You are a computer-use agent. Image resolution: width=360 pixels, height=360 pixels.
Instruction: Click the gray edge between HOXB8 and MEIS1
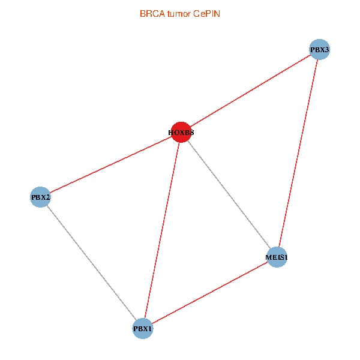pos(229,194)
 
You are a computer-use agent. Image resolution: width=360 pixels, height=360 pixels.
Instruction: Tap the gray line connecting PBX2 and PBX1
pos(91,262)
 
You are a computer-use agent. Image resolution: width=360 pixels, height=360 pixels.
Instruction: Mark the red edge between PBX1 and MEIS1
pos(210,293)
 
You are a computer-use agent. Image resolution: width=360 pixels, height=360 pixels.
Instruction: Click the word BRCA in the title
pos(151,13)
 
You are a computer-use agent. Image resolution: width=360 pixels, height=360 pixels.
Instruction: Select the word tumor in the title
pos(178,13)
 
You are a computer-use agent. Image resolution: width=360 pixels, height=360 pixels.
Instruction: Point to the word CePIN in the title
pos(206,13)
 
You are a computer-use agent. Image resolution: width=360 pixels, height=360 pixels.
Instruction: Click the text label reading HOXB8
pos(181,132)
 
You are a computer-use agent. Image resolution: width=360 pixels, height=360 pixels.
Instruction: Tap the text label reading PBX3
pos(320,50)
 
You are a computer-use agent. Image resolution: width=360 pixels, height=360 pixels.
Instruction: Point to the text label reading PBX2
pos(40,197)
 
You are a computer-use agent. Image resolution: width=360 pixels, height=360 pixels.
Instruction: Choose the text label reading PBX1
pos(143,329)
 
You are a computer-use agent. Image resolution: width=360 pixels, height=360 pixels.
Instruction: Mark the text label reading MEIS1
pos(277,258)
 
